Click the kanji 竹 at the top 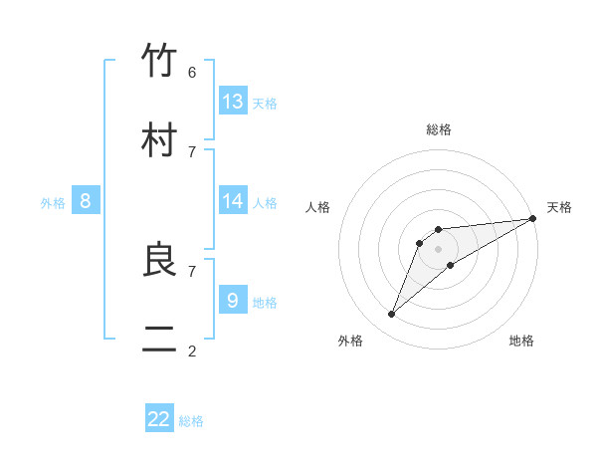(160, 61)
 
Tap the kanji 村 (160, 140)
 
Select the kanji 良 (160, 260)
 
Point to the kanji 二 (160, 340)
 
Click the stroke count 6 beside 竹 (192, 72)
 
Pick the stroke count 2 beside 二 (192, 351)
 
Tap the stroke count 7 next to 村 (192, 151)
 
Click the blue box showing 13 (233, 101)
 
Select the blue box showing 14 (233, 200)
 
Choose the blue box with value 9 (233, 299)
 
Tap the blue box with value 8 (86, 201)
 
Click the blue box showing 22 (159, 419)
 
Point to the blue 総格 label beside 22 (191, 421)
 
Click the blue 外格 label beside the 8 (53, 203)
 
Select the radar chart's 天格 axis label (559, 207)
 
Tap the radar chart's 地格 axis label (521, 341)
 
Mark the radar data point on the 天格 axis (532, 218)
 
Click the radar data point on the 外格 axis (392, 315)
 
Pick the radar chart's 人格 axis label (318, 207)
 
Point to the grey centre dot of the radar (438, 248)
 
